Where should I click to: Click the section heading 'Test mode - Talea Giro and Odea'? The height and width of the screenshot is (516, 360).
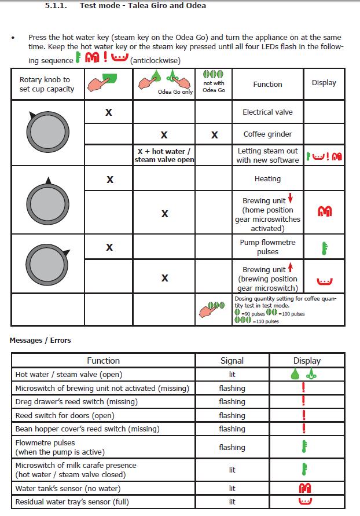142,6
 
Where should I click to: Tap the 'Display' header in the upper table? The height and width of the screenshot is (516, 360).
324,83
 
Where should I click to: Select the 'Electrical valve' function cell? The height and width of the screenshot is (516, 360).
267,112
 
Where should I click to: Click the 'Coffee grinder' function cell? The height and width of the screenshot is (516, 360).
267,134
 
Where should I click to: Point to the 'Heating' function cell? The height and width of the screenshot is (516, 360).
267,179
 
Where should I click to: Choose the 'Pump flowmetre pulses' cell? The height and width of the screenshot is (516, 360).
267,247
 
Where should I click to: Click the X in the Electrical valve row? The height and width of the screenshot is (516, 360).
108,112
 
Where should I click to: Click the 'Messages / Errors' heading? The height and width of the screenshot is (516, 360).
40,341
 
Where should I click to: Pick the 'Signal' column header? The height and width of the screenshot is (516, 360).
232,360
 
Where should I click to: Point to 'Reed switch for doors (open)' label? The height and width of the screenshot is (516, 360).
65,415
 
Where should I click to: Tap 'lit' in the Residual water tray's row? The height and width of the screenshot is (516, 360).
232,502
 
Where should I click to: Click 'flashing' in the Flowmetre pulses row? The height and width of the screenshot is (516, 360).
232,447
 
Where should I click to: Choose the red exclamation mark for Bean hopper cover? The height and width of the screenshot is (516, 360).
303,429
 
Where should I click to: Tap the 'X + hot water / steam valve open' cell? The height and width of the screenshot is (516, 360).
164,156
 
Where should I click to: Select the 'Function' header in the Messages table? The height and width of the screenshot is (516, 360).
103,360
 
